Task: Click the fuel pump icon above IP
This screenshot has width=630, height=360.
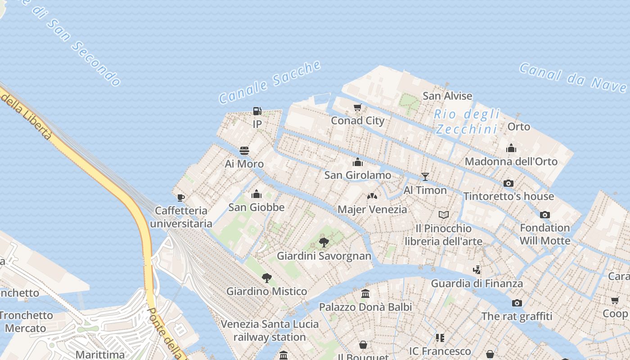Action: pos(257,111)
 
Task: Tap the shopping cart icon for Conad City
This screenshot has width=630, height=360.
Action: pos(358,107)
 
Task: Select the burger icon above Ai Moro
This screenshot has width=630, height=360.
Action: pos(244,150)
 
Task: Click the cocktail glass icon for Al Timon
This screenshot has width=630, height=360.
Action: pos(425,176)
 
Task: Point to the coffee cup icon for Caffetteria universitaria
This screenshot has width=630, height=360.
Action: pos(181,197)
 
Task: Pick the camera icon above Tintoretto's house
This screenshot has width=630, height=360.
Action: pos(508,183)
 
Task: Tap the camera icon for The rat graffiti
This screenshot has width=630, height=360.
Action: pos(517,303)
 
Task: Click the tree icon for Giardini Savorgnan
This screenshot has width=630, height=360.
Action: pos(324,243)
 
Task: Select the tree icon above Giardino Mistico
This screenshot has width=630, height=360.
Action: pos(267,278)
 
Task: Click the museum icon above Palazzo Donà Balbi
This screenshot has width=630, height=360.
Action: pos(365,294)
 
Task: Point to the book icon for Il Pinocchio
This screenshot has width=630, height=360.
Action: pos(444,215)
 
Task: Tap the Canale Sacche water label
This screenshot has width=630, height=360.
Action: pos(270,82)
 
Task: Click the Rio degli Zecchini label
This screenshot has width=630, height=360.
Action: pos(467,122)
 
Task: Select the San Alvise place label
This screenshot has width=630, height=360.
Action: pos(447,96)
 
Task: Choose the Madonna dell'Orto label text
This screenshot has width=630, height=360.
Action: pos(511,161)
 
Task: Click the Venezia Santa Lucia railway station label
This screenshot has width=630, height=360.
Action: pos(270,330)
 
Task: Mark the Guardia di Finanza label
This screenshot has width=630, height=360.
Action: pos(477,283)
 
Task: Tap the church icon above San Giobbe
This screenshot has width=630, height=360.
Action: pos(256,194)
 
